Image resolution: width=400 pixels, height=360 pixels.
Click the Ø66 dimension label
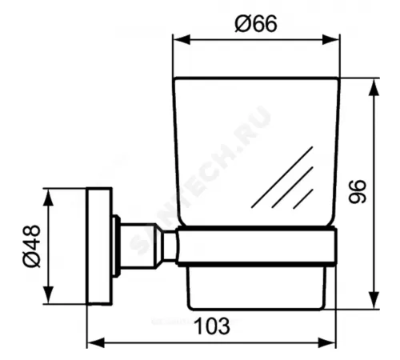coord(255,24)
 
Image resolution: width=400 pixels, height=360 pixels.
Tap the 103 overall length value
coord(213,326)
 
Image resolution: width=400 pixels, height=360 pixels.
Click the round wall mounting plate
coord(99,246)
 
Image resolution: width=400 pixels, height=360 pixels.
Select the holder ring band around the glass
coord(256,245)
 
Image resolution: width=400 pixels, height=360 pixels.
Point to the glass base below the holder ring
coord(256,284)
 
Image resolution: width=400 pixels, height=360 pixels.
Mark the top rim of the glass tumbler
coord(256,78)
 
